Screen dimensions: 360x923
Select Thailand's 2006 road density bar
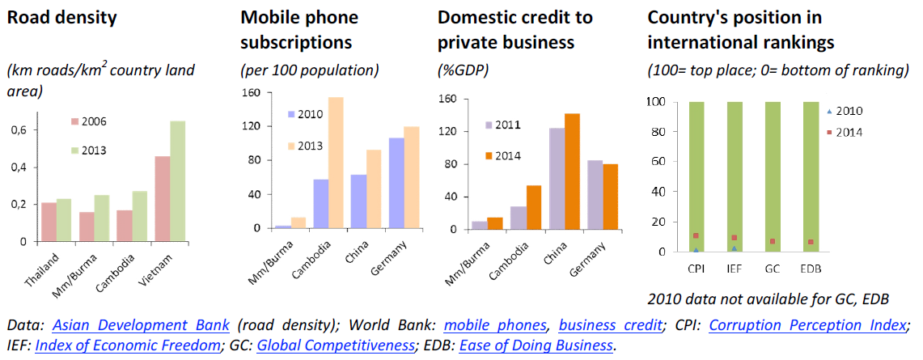click(48, 222)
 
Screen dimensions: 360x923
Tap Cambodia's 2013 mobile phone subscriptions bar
click(336, 163)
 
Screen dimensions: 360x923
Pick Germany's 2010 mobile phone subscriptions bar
click(396, 183)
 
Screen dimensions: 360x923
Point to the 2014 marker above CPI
click(696, 236)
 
